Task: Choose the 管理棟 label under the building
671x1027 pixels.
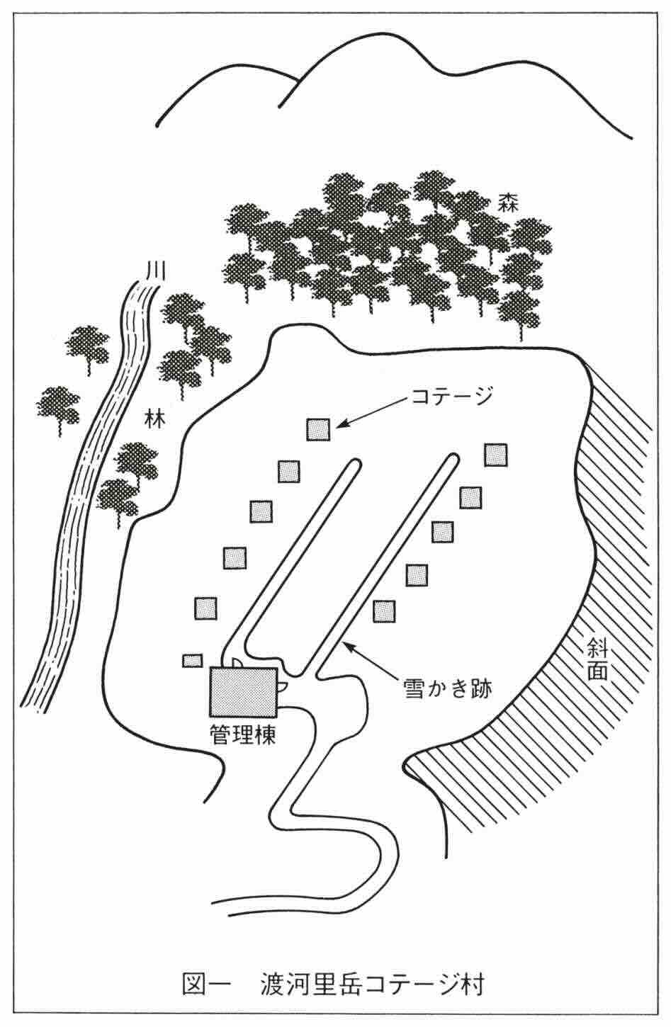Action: (x=242, y=733)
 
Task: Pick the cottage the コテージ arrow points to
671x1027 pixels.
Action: (x=318, y=429)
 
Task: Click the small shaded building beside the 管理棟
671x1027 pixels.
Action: (x=192, y=660)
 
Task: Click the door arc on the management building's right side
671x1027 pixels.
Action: (x=282, y=686)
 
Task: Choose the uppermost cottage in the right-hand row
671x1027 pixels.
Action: (x=496, y=455)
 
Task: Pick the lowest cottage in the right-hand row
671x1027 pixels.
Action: (x=385, y=610)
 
